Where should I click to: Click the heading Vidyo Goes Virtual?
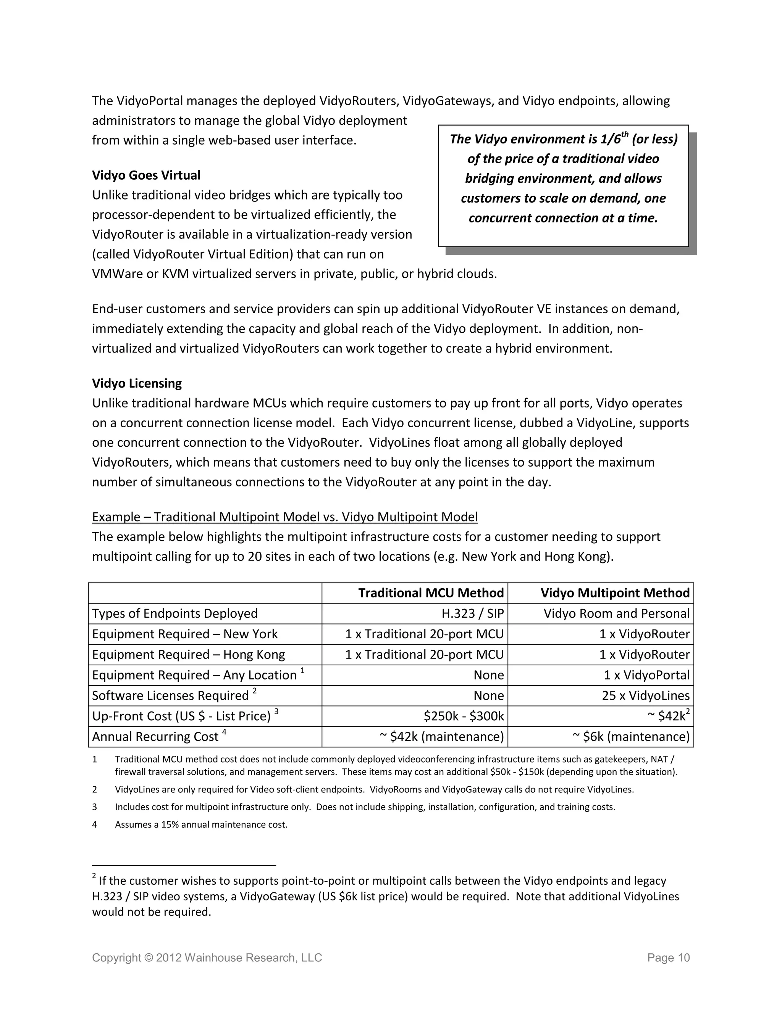(146, 175)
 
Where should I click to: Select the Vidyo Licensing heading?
(137, 383)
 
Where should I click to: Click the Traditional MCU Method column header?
(430, 593)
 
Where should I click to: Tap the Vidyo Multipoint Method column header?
(615, 593)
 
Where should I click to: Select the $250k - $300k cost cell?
(463, 716)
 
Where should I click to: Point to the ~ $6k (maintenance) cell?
(631, 736)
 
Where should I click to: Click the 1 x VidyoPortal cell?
(646, 675)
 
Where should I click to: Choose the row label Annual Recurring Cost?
(155, 736)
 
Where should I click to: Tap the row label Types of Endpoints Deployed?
(174, 613)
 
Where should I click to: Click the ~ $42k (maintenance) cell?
(441, 736)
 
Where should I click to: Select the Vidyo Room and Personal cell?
(616, 613)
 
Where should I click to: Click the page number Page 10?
(669, 958)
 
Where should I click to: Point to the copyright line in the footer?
(207, 958)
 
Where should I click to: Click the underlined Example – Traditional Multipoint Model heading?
(284, 517)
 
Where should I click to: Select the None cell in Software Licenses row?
(488, 695)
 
